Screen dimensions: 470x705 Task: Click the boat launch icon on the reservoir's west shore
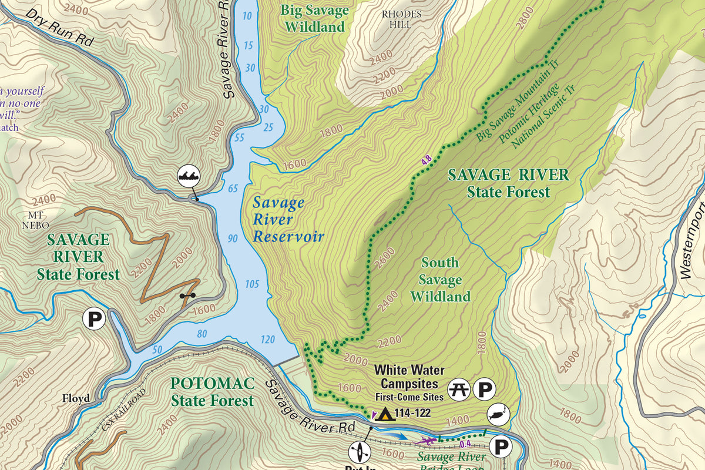click(x=189, y=176)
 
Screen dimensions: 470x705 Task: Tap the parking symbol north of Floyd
click(x=93, y=319)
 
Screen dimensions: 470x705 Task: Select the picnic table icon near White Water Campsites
click(x=458, y=389)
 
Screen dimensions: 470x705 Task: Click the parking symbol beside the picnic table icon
click(x=485, y=389)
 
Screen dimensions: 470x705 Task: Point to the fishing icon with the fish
click(x=496, y=415)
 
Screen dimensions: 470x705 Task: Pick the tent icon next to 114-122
click(x=385, y=414)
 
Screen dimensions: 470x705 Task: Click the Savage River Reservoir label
click(x=287, y=220)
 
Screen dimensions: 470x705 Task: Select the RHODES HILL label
click(x=402, y=18)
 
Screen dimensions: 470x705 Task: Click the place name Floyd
click(x=76, y=398)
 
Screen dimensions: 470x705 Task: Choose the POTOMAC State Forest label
click(x=212, y=392)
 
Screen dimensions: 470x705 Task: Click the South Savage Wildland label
click(x=440, y=280)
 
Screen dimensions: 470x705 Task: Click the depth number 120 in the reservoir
click(x=267, y=340)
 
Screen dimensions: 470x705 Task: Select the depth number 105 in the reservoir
click(x=251, y=285)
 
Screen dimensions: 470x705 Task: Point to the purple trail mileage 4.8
click(x=427, y=159)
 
